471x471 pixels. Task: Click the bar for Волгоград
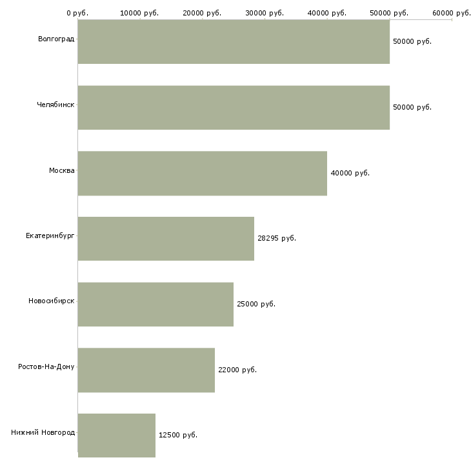[233, 41]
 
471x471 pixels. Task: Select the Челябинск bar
[233, 108]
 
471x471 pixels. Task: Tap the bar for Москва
[202, 173]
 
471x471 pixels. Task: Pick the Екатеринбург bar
[166, 239]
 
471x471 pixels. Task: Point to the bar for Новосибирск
[155, 304]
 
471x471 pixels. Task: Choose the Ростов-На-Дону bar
[146, 370]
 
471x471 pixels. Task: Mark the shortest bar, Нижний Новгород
[116, 435]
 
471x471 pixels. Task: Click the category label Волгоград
[56, 39]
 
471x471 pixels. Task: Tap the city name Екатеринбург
[50, 235]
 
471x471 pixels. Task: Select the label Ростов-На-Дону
[46, 367]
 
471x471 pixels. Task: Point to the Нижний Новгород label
[43, 432]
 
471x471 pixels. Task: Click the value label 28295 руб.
[277, 238]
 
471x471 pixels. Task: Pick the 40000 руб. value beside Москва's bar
[350, 173]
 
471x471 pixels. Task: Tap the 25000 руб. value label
[256, 304]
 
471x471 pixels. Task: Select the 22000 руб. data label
[237, 370]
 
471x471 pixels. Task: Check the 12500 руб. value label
[178, 435]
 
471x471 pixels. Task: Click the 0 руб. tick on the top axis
[77, 12]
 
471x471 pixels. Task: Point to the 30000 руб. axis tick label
[265, 12]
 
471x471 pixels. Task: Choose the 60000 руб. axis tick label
[452, 12]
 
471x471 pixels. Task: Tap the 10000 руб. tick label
[139, 12]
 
